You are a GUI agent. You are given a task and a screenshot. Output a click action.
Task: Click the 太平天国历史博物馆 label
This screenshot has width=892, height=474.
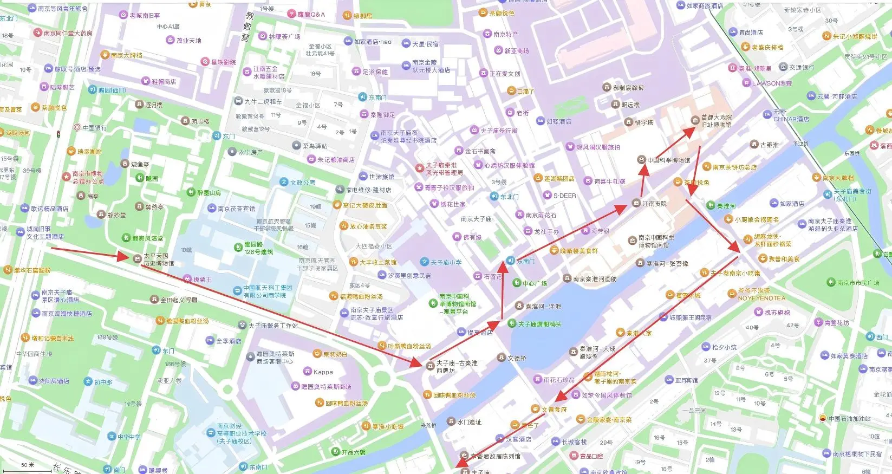158,259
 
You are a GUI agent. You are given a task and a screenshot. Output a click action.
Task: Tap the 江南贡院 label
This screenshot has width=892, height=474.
654,204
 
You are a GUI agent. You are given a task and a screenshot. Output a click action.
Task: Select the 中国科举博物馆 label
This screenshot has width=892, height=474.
668,160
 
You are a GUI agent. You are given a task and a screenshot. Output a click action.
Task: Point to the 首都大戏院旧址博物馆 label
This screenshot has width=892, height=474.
716,121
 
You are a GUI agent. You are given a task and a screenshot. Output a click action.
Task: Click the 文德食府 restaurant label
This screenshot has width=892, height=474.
554,410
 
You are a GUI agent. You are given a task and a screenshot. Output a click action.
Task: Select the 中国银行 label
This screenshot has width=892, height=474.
95,128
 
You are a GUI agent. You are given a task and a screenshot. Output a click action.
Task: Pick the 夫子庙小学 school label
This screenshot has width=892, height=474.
446,262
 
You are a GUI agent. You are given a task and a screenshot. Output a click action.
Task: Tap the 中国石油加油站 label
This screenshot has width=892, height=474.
849,418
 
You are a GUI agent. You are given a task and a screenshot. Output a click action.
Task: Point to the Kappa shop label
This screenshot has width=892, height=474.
323,372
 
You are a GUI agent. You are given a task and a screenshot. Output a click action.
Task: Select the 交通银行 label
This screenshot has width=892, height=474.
802,67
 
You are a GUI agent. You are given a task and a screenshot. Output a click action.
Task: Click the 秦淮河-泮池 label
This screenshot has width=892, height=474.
543,306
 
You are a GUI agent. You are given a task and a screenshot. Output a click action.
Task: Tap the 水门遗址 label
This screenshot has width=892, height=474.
468,421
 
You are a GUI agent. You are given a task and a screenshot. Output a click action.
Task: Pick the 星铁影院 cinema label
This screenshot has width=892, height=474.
223,62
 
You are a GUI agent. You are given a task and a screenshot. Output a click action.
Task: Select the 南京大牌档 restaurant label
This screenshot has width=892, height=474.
126,55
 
